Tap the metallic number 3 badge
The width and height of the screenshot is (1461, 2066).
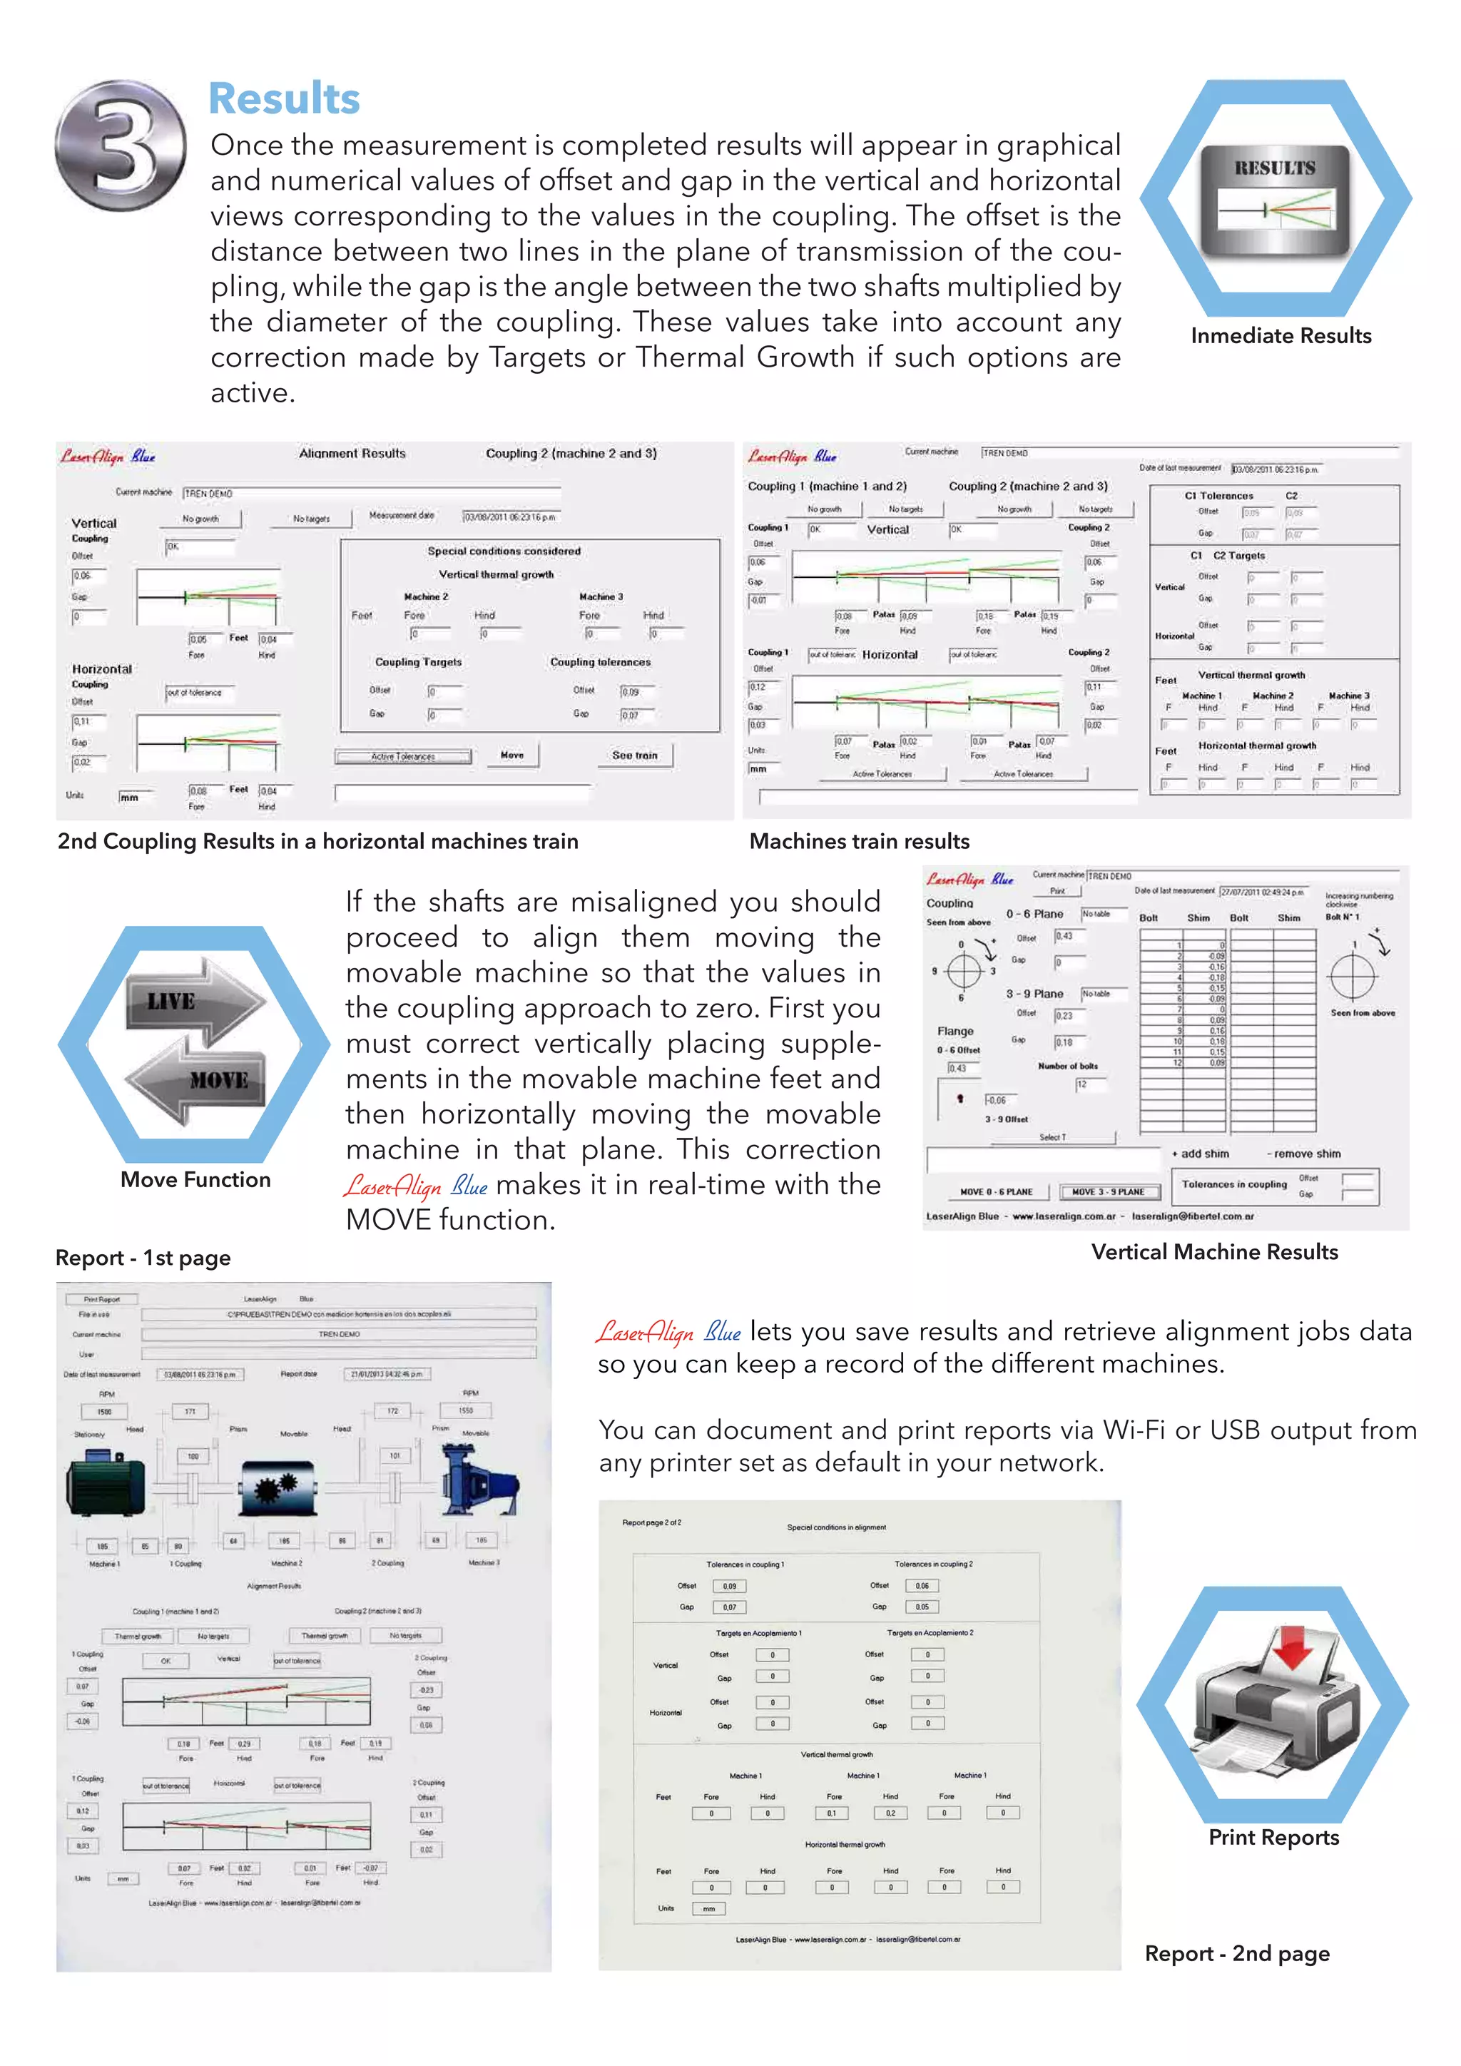(121, 145)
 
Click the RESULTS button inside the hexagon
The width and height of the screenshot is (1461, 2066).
(1274, 200)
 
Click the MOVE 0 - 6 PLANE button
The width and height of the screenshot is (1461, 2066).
(996, 1192)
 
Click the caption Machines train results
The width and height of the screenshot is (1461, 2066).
(859, 841)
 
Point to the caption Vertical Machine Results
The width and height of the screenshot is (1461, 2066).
(1213, 1252)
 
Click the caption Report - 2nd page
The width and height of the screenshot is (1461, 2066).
(1236, 1953)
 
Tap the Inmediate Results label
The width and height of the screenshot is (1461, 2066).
(1281, 335)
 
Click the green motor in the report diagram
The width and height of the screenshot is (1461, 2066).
(106, 1484)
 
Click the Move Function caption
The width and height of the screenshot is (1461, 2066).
(195, 1180)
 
